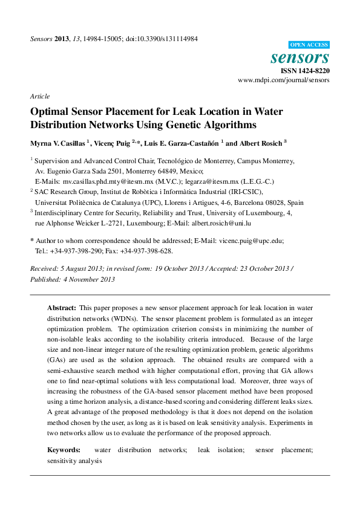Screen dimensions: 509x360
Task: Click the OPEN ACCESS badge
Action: pyautogui.click(x=309, y=45)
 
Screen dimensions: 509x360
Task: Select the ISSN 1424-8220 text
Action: pyautogui.click(x=304, y=71)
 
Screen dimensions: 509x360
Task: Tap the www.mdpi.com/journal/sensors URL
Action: pyautogui.click(x=284, y=80)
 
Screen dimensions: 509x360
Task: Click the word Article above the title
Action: pyautogui.click(x=39, y=96)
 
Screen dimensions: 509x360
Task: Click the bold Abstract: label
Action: pyautogui.click(x=62, y=308)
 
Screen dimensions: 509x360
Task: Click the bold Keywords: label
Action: pyautogui.click(x=64, y=450)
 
